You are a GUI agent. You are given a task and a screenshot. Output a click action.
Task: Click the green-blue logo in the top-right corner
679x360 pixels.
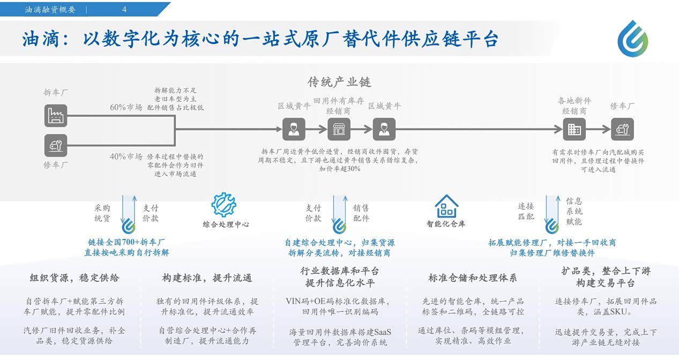[633, 39]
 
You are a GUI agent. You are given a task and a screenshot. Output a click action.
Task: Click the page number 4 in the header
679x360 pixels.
[124, 10]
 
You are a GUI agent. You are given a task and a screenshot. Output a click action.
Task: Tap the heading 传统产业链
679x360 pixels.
[339, 82]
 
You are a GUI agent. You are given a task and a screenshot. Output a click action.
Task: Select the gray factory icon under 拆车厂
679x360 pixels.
[56, 116]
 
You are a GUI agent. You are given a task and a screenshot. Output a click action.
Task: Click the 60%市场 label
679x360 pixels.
[126, 107]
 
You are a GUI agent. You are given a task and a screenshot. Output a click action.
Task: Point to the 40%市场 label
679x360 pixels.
[126, 156]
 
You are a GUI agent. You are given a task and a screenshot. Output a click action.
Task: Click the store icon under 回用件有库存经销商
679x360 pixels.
[339, 129]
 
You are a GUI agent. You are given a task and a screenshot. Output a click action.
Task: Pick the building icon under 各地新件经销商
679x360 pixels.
[574, 129]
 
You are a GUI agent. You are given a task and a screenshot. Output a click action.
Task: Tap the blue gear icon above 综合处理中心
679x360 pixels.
[223, 205]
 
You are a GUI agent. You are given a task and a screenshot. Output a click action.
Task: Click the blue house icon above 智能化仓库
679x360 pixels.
[446, 206]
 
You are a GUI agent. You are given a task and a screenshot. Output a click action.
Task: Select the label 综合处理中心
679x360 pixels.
[226, 224]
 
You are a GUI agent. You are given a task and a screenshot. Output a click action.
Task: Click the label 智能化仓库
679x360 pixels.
[446, 224]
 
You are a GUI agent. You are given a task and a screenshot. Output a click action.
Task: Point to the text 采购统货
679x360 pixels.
[102, 213]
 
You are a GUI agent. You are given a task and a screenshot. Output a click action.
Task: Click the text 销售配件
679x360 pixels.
[361, 213]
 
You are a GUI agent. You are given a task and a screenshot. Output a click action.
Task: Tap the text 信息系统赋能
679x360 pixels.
[574, 211]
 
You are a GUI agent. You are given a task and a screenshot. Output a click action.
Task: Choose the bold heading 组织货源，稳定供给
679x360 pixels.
[74, 278]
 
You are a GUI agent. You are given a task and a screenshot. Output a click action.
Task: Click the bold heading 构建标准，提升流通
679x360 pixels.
[207, 278]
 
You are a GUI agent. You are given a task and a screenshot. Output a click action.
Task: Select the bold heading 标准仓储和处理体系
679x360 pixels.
[472, 278]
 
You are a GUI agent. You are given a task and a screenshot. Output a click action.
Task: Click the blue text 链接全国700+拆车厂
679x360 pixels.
[126, 242]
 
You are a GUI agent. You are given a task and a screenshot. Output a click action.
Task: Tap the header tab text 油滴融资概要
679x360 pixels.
[50, 10]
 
